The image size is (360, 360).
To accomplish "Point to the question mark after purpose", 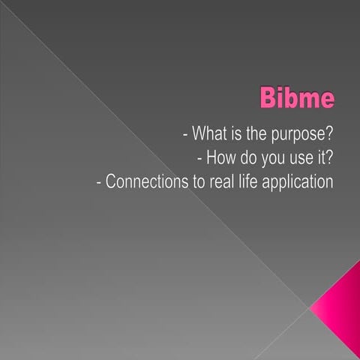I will click(x=328, y=135).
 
